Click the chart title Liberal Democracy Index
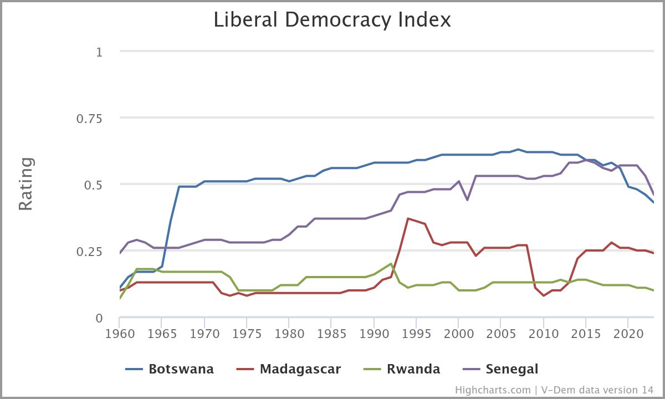(x=332, y=20)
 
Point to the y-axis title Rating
(x=26, y=184)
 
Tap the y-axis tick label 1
(x=100, y=52)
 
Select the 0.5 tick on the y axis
(x=93, y=185)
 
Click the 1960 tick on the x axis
(x=119, y=335)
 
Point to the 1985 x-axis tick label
(x=331, y=335)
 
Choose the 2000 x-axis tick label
(x=458, y=335)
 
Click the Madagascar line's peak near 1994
(x=408, y=218)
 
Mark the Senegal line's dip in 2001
(x=467, y=199)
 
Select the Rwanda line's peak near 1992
(x=391, y=264)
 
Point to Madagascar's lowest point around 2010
(x=544, y=295)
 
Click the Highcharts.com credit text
(x=493, y=390)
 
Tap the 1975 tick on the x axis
(x=246, y=335)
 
